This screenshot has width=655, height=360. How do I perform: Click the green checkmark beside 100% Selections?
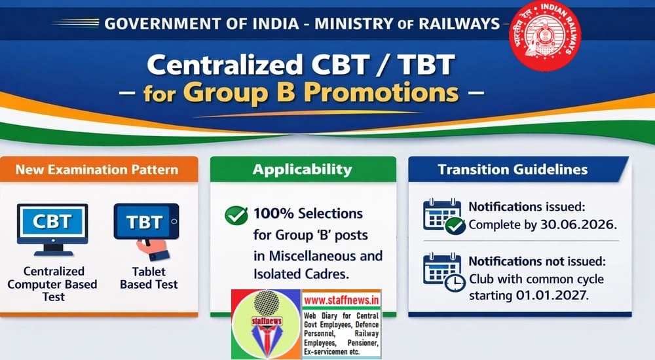pos(236,215)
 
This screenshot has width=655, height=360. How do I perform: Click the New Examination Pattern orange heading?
pos(97,170)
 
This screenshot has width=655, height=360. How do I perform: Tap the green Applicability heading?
pos(303,170)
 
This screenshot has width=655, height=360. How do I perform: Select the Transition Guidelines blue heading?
pos(514,170)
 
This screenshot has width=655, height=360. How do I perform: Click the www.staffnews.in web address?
pos(341,302)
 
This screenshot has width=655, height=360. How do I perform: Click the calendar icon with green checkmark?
pos(443,215)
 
